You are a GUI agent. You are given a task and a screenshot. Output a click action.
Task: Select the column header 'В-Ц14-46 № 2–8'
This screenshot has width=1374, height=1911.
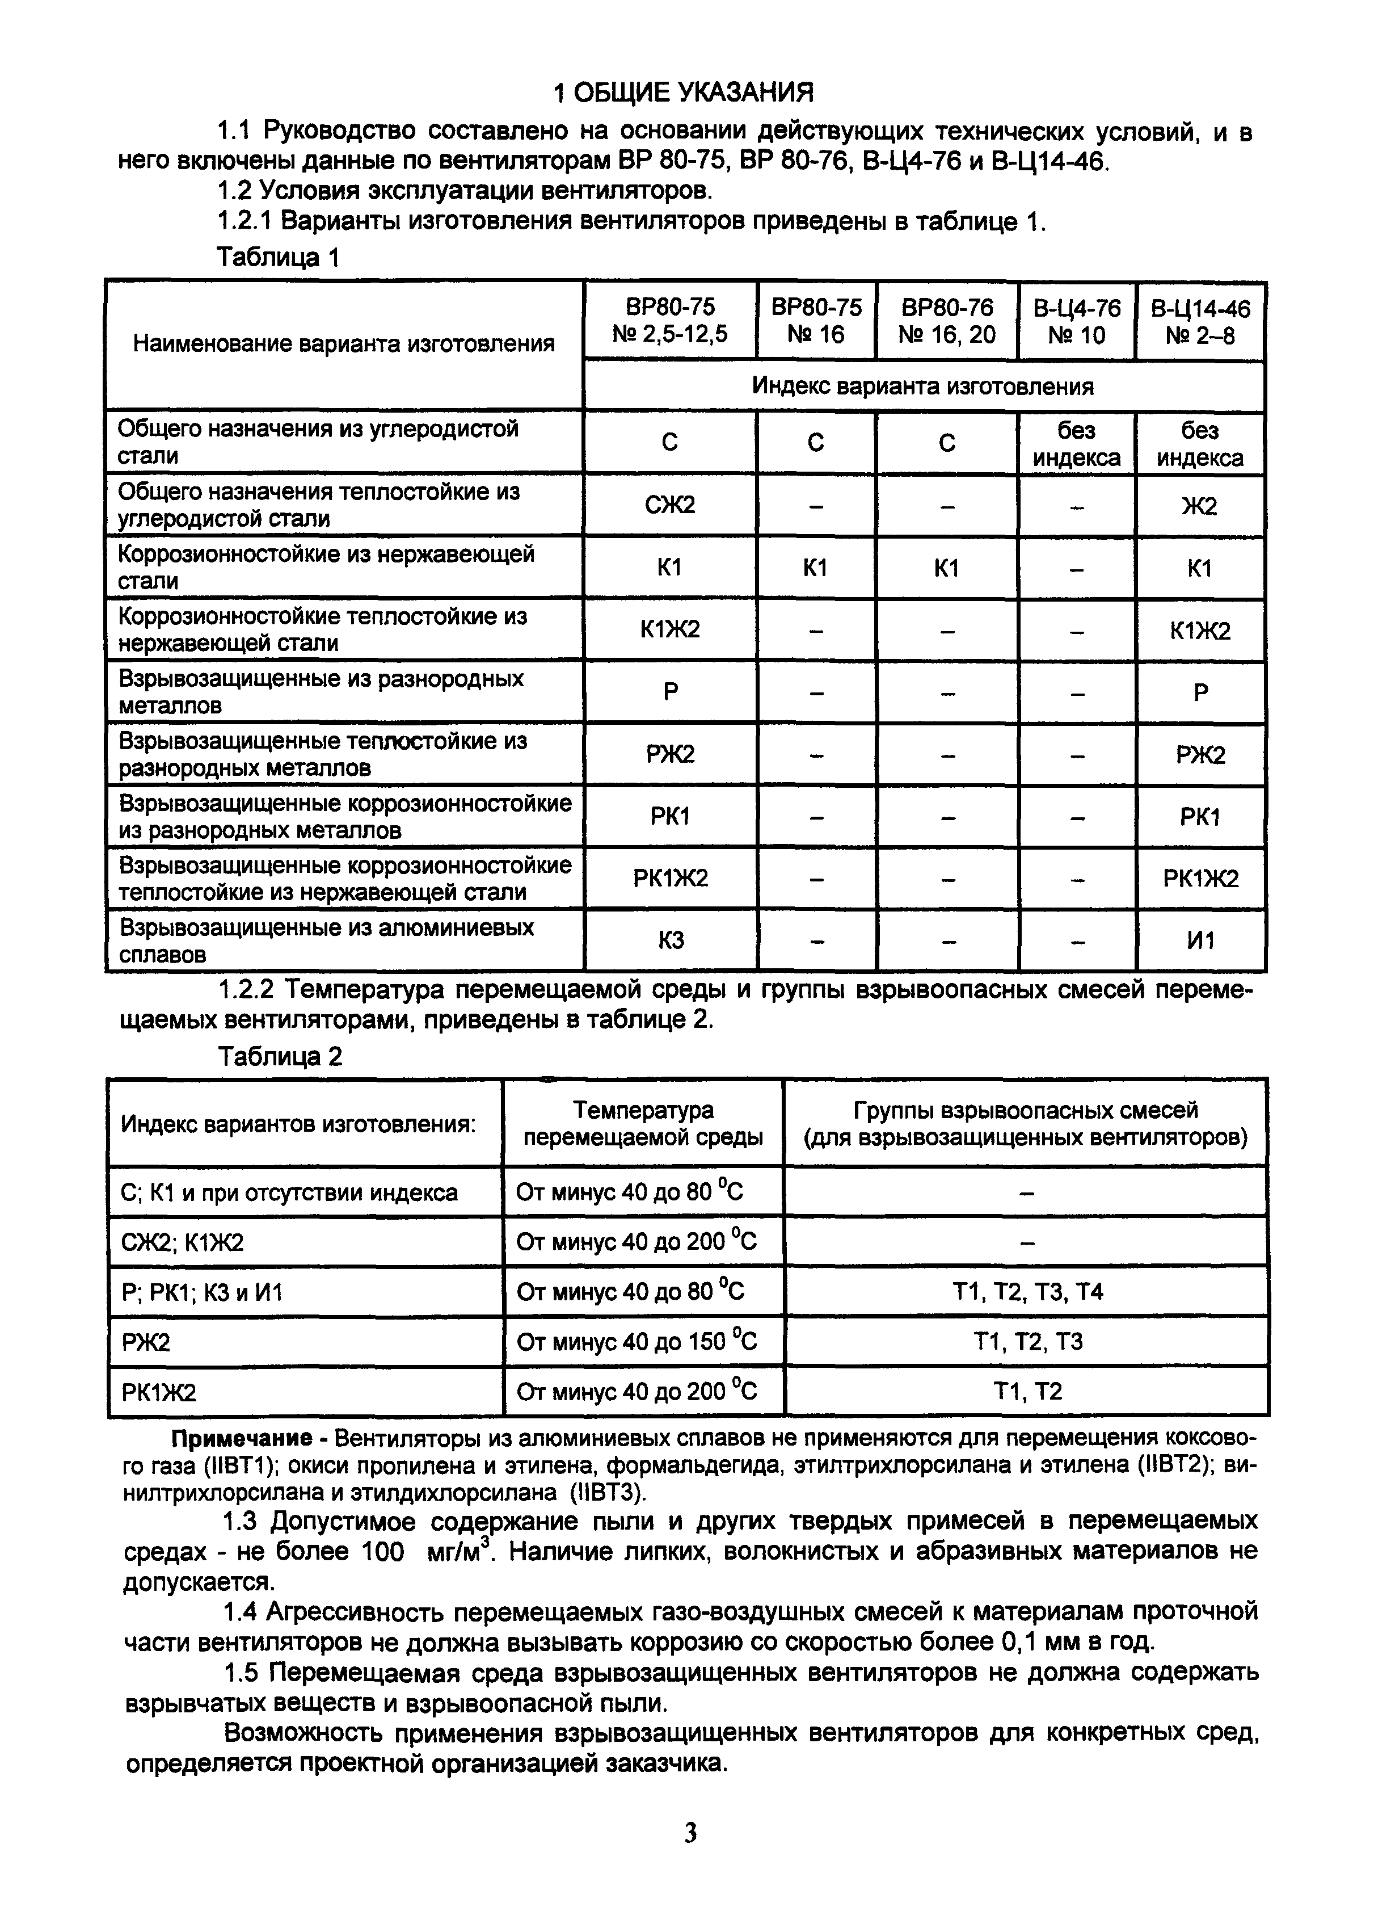[x=1200, y=322]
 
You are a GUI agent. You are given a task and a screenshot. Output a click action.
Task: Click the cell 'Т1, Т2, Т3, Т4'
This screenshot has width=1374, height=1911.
[x=1025, y=1292]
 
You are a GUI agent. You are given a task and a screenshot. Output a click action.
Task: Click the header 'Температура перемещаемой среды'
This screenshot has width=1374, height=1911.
[x=643, y=1124]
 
